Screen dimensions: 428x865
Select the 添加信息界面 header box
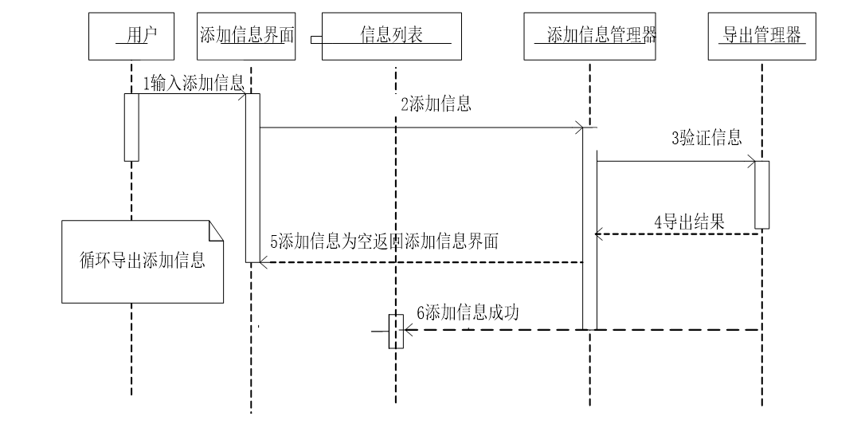coord(246,36)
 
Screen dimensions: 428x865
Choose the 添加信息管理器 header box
coord(590,36)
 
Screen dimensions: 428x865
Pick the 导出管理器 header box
coord(761,36)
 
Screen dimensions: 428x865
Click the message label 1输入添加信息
coord(194,83)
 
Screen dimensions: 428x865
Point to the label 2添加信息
coord(436,104)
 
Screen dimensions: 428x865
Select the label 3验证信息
coord(706,139)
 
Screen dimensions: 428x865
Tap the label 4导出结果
coord(689,222)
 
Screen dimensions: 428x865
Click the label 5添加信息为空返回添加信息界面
coord(385,241)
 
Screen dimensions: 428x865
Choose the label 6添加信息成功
coord(468,312)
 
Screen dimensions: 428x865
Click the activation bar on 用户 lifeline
coord(131,128)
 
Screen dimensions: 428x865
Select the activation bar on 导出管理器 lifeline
coord(762,195)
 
